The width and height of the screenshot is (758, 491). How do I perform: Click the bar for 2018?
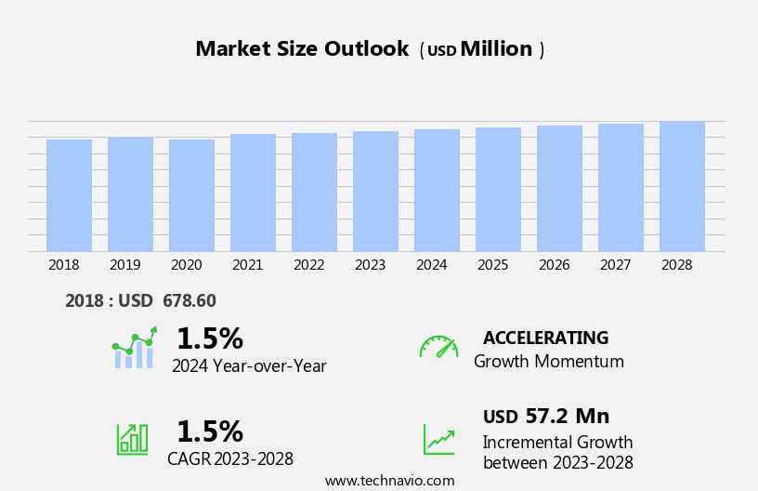pos(69,195)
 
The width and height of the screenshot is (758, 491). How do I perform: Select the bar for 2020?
pos(191,195)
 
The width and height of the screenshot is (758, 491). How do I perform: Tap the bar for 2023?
pos(375,192)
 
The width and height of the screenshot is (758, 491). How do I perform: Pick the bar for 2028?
pos(682,186)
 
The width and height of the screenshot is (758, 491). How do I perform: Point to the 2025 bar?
pos(498,190)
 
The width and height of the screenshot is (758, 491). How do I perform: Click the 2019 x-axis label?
pos(125,265)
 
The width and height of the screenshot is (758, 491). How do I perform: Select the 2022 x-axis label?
pos(309,265)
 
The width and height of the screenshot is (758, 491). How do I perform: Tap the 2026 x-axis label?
pos(555,265)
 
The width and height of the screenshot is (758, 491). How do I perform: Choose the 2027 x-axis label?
pos(616,265)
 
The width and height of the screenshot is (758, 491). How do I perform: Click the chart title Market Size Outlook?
pos(302,49)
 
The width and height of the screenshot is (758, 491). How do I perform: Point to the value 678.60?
pos(189,300)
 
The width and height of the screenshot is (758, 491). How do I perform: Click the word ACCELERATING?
pos(545,338)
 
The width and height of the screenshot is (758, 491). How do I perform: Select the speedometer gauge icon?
pos(438,347)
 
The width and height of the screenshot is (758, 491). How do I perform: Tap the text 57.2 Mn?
pos(566,416)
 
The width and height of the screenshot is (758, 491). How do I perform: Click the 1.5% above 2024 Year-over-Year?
pos(209,338)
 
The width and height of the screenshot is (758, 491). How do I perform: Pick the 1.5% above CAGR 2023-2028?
pos(209,431)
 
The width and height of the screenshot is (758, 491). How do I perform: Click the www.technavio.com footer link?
pos(390,481)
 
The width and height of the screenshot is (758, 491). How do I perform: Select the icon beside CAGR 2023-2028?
pos(132,438)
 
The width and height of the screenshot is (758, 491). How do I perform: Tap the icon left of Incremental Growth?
pos(438,439)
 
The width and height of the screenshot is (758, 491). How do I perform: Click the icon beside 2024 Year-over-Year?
pos(134,348)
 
